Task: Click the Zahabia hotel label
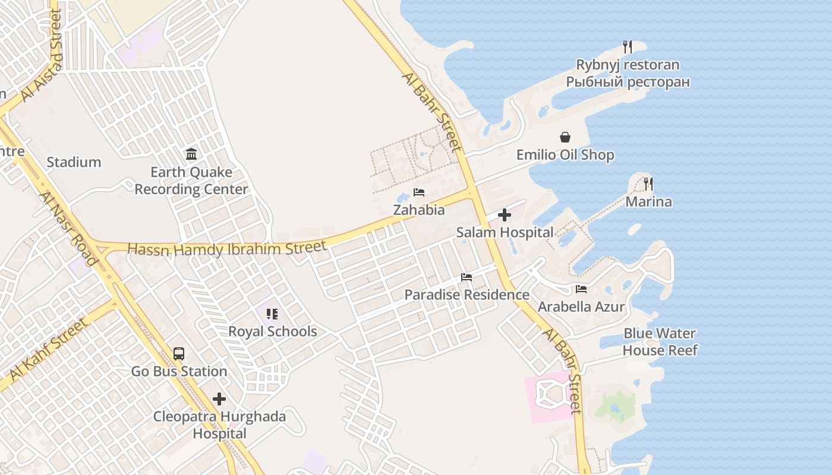[419, 210]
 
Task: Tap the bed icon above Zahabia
[419, 192]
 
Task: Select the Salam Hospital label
[505, 232]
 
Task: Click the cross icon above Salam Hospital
[505, 215]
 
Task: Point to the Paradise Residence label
[467, 294]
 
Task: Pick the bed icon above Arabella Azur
[581, 289]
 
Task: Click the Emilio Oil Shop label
[565, 155]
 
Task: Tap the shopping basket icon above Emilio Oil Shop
[565, 138]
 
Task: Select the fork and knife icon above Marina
[648, 184]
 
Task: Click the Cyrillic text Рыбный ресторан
[628, 82]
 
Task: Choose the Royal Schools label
[273, 331]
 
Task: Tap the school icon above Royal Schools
[272, 314]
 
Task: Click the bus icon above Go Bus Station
[179, 354]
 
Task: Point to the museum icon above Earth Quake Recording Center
[191, 154]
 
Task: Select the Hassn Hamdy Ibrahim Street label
[227, 248]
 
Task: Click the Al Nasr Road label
[68, 229]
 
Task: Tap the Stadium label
[74, 162]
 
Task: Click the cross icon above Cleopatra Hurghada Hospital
[220, 399]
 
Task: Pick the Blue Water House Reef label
[660, 342]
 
